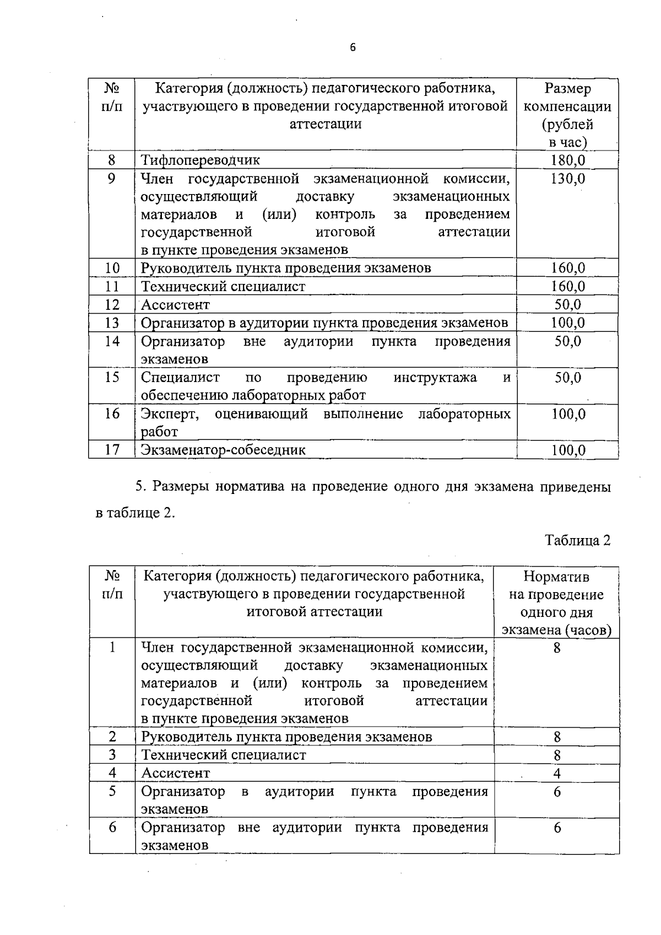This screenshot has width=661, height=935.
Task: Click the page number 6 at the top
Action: click(353, 47)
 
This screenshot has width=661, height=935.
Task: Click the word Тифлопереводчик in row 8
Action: click(201, 160)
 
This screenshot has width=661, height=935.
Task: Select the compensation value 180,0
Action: click(568, 160)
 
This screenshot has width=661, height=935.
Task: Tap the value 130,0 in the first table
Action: click(568, 179)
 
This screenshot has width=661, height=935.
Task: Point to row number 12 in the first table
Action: click(112, 304)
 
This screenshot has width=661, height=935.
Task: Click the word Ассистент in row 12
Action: click(176, 305)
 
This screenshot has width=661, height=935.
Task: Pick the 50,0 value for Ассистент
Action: click(568, 304)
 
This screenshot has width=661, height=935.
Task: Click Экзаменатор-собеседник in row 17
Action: click(223, 450)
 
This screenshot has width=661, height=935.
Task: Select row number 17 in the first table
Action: click(112, 450)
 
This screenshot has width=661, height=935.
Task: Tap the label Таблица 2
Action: click(578, 540)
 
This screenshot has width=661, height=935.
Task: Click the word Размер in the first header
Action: click(567, 88)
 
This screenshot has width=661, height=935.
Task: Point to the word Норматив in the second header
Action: click(556, 577)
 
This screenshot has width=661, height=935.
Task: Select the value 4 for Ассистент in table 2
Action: click(557, 773)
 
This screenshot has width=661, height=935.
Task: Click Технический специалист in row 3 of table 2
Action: click(224, 755)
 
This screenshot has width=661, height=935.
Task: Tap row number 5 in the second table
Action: click(112, 792)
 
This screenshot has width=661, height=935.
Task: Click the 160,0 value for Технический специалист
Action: click(568, 286)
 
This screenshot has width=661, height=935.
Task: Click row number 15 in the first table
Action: click(112, 378)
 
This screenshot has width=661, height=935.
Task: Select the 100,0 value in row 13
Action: click(568, 323)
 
